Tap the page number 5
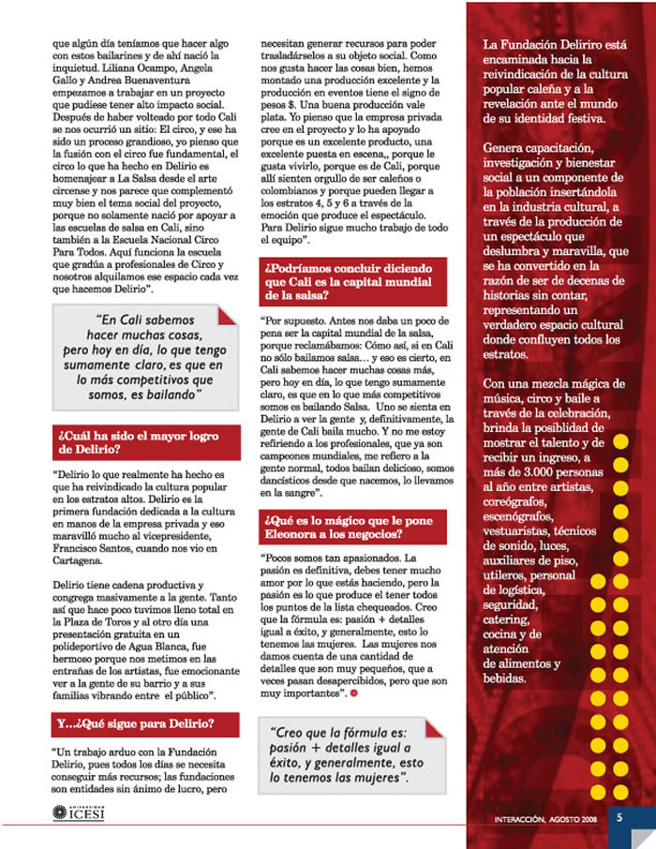619,816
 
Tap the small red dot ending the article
354,694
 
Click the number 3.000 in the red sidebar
519,471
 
